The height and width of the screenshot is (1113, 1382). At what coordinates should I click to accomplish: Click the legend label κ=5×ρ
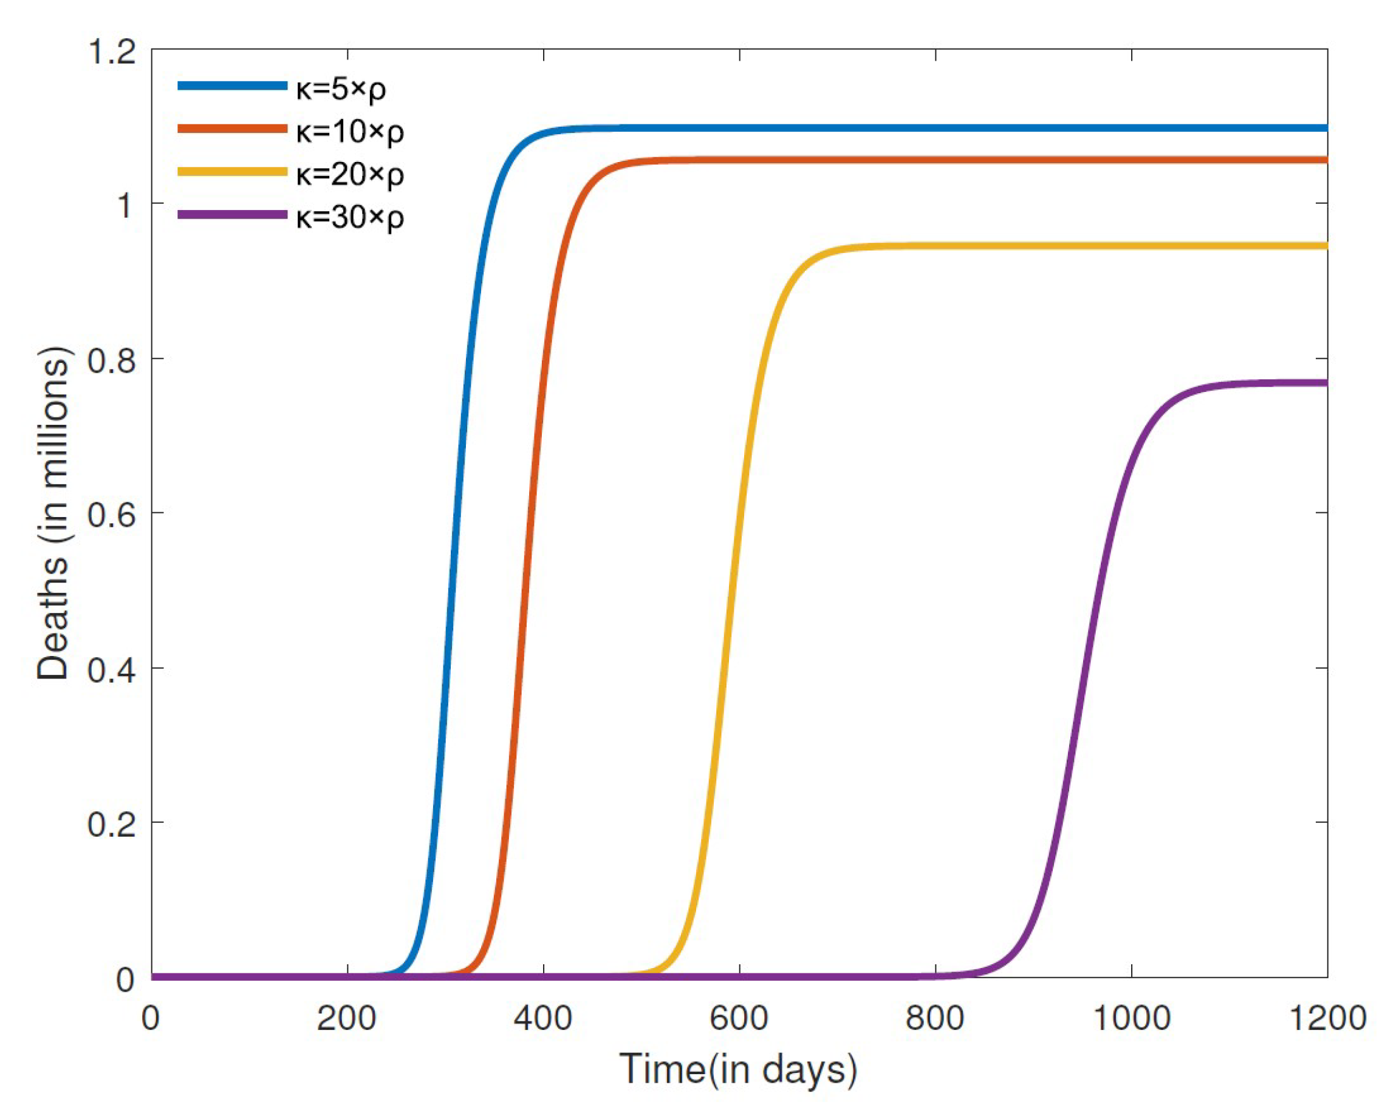[x=341, y=89]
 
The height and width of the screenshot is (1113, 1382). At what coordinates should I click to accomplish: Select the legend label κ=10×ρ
[x=350, y=132]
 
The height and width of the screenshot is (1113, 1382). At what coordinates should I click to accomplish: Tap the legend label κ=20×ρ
[x=350, y=174]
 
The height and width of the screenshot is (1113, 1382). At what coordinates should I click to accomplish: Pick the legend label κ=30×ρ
[x=350, y=218]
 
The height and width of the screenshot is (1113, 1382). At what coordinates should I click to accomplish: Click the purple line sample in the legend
[x=232, y=215]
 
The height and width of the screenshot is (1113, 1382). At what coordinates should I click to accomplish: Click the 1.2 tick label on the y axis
[x=112, y=52]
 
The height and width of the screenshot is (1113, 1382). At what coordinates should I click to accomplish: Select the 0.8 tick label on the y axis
[x=112, y=360]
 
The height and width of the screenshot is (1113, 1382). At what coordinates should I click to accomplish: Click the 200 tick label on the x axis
[x=347, y=1018]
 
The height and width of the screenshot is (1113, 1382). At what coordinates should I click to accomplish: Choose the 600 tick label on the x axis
[x=739, y=1018]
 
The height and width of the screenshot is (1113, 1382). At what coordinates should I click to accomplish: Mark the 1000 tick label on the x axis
[x=1132, y=1018]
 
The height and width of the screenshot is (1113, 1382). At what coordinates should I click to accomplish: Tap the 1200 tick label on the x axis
[x=1327, y=1018]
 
